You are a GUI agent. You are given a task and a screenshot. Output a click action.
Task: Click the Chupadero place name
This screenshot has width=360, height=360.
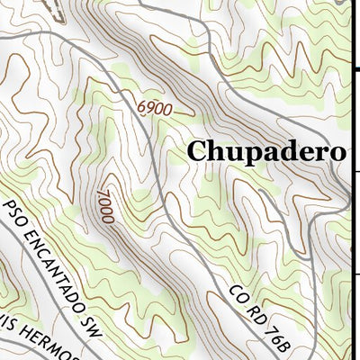[x=265, y=151]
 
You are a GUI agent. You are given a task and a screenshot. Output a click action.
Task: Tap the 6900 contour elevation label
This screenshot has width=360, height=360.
[x=154, y=108]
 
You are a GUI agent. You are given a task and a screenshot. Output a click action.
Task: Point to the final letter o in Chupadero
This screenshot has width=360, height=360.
[x=336, y=152]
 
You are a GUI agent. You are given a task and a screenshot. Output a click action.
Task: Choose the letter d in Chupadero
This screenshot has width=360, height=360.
[x=288, y=151]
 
